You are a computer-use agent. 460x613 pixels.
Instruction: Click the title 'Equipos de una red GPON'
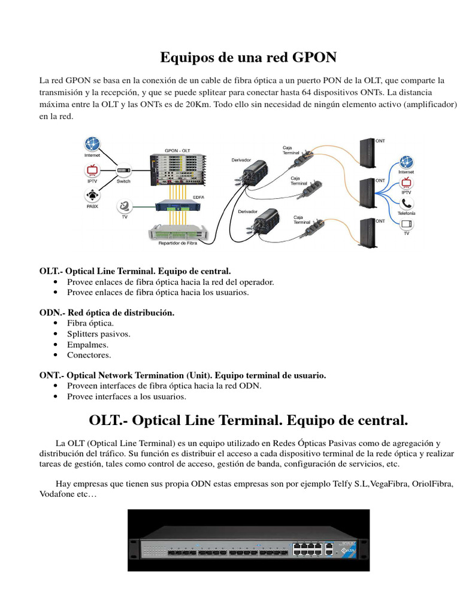pos(248,57)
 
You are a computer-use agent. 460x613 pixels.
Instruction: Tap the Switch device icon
pos(123,170)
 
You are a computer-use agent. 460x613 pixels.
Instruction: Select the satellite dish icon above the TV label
pos(124,207)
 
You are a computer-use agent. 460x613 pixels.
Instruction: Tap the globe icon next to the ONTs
pos(406,162)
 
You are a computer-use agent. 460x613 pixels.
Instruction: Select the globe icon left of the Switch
pos(93,144)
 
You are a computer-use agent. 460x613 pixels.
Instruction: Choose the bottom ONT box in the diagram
pos(365,233)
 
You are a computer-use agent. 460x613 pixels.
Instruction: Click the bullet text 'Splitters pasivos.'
pos(98,334)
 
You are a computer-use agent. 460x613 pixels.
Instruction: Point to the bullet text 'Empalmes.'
pos(87,345)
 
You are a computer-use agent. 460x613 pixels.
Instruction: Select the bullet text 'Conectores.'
pos(89,355)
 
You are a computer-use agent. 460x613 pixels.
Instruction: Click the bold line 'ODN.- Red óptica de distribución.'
pos(107,313)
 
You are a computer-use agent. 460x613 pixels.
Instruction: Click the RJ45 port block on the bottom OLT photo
pos(307,548)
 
